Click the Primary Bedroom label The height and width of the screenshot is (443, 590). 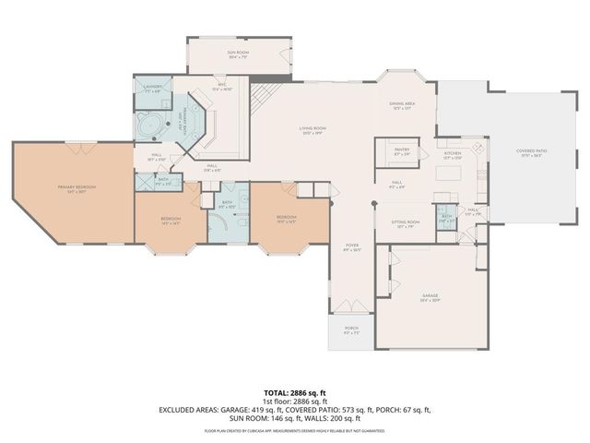point(77,188)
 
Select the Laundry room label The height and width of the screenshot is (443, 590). point(153,88)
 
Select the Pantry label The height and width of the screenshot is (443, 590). point(401,150)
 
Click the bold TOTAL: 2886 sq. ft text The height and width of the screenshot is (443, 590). point(296,393)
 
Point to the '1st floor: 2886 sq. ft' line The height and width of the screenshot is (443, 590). point(296,401)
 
